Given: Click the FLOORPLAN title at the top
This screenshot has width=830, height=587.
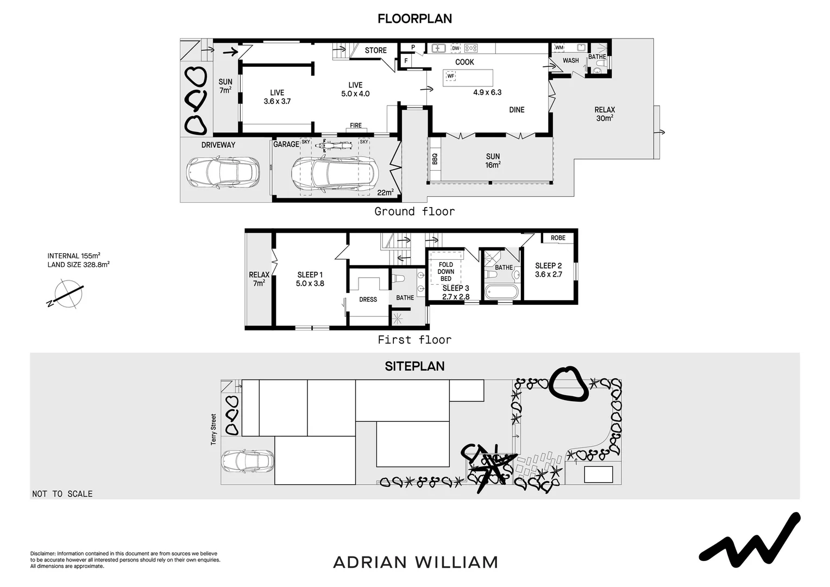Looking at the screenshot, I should click(x=414, y=18).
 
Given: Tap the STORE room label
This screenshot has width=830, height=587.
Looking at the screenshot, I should click(x=375, y=51).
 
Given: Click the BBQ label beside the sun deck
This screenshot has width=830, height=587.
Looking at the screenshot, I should click(x=435, y=159).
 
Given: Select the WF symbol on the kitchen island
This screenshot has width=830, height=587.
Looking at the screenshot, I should click(x=450, y=76).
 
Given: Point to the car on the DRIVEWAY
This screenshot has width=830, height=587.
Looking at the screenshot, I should click(x=222, y=173).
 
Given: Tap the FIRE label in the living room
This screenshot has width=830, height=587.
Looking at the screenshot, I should click(x=356, y=126).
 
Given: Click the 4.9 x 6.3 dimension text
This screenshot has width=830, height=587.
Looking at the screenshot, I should click(x=487, y=92).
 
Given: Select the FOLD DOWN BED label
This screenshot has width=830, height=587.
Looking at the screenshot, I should click(x=446, y=272).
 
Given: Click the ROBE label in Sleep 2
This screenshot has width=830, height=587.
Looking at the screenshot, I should click(x=558, y=238).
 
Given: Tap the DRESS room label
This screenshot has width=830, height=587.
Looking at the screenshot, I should click(x=368, y=299).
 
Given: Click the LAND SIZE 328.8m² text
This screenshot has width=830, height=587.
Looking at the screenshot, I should click(x=78, y=265).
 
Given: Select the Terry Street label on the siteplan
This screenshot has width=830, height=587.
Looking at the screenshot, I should click(x=213, y=429).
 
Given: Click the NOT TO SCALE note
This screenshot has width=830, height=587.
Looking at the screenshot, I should click(x=62, y=494).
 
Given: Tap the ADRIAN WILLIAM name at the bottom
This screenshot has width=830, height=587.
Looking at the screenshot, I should click(x=415, y=562).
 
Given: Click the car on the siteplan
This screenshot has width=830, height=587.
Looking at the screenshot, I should click(x=247, y=461).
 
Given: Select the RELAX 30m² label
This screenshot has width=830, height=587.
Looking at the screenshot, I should click(x=604, y=114).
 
